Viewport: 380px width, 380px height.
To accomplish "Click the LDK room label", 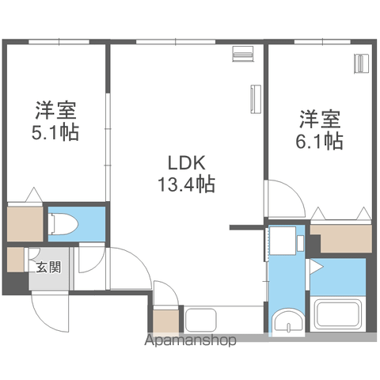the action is point(187,163).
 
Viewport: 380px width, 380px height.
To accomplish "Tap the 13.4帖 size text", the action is point(186,184).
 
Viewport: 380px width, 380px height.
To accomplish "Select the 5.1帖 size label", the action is point(55,132).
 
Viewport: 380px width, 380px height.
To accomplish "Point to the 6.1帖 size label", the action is point(319,141).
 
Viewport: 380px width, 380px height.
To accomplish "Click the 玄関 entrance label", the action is point(48,267).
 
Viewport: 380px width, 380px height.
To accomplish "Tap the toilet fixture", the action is point(64,224).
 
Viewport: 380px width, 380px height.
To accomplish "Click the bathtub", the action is point(338,314).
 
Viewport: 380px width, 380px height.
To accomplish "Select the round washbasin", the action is point(287,321).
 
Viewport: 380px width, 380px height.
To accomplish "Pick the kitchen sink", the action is point(201,321).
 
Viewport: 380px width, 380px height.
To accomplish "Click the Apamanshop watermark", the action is point(190,340).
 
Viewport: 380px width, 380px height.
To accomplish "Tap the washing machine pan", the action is point(283,241).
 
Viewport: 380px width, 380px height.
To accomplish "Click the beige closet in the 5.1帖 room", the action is point(25,224).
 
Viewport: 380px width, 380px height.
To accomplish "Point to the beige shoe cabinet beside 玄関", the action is point(16,260).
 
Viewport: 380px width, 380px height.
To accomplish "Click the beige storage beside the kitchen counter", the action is point(166,321).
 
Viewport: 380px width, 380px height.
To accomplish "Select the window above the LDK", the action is point(176,42).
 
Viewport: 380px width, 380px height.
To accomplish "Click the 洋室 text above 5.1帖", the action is point(56,111).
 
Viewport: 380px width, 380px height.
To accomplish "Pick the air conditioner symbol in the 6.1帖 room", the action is point(362,63).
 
